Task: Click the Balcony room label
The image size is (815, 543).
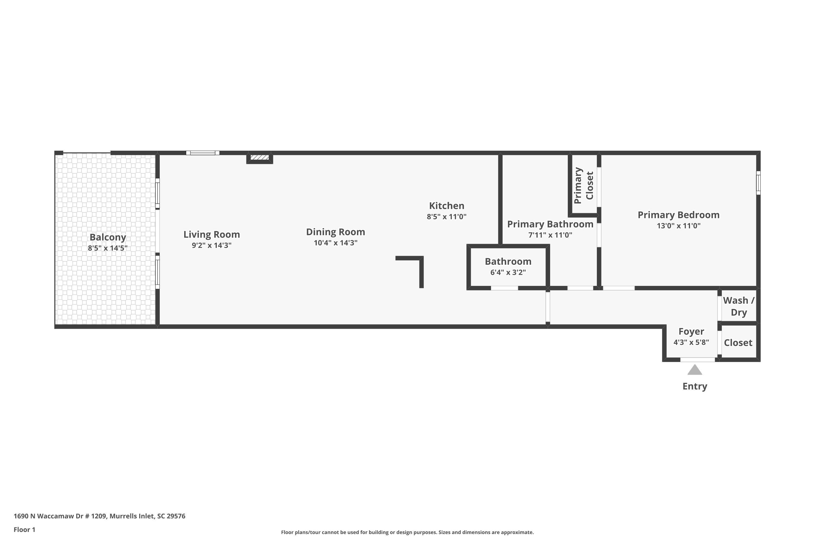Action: [x=108, y=237]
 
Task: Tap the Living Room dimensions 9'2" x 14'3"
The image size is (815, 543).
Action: [x=212, y=245]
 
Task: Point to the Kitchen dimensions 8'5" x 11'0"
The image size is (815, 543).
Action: [x=447, y=216]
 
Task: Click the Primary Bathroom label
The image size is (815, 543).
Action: [x=550, y=224]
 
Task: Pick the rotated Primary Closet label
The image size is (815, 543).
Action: [x=584, y=185]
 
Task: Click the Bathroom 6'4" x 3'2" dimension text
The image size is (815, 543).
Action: [x=508, y=272]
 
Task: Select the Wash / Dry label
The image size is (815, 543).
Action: [x=739, y=306]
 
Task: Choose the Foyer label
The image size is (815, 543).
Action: [x=691, y=332]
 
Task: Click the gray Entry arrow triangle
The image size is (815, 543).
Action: [x=695, y=370]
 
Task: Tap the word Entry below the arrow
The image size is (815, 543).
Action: [x=695, y=386]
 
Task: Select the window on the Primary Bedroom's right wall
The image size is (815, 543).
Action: [x=758, y=182]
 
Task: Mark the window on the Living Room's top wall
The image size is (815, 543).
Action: [x=203, y=153]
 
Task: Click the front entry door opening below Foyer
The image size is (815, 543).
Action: [x=698, y=360]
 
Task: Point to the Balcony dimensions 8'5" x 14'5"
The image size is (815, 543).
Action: [x=108, y=248]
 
